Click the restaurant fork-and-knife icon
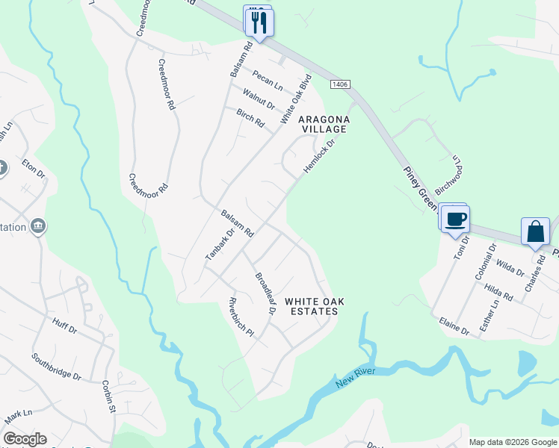click(259, 21)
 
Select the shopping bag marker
click(536, 231)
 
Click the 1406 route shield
click(340, 84)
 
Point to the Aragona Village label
click(324, 124)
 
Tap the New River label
click(353, 382)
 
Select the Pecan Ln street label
click(268, 81)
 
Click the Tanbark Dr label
click(220, 244)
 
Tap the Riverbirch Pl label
click(241, 320)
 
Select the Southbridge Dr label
click(56, 366)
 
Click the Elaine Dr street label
click(454, 326)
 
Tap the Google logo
click(25, 439)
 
